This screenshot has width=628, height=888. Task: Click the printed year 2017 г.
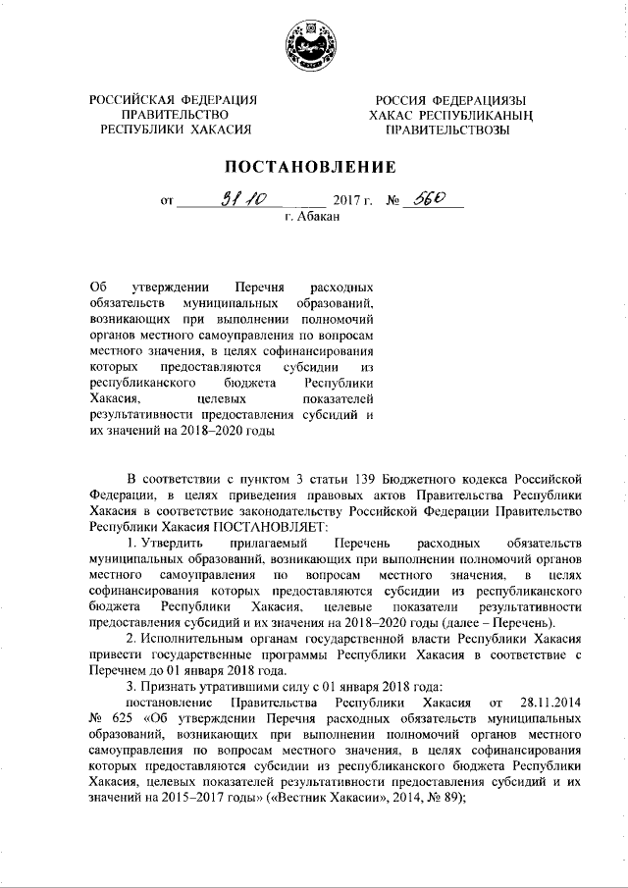pos(354,204)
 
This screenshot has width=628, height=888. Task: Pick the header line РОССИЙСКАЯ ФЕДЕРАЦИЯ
pos(173,100)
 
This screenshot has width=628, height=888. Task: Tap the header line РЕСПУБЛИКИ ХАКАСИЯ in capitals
pos(173,129)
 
